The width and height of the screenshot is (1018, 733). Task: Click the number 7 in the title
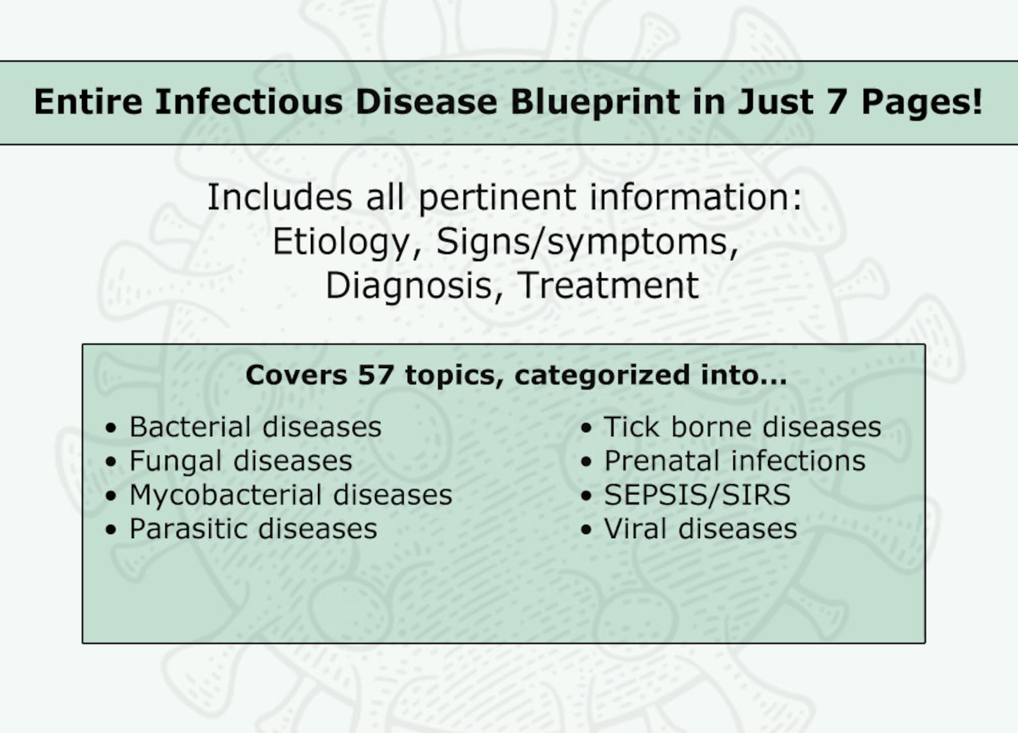(x=837, y=101)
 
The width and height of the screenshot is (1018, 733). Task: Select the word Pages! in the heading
(x=921, y=101)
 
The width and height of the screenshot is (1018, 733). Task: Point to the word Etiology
(x=340, y=242)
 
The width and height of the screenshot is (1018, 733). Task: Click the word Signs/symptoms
(x=587, y=242)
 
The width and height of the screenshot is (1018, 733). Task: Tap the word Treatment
(x=608, y=285)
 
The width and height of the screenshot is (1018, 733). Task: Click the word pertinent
(x=497, y=197)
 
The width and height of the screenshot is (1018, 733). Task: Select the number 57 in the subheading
(x=375, y=375)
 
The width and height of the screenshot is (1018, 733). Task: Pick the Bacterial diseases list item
(x=255, y=427)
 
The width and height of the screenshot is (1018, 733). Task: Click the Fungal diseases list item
(x=240, y=461)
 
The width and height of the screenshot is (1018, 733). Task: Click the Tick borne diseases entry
(x=742, y=427)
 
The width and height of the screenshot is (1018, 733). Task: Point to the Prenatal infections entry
(x=735, y=461)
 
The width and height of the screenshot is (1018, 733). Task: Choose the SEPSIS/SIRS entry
(x=697, y=495)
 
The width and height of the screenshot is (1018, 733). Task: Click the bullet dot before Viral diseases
(x=586, y=530)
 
